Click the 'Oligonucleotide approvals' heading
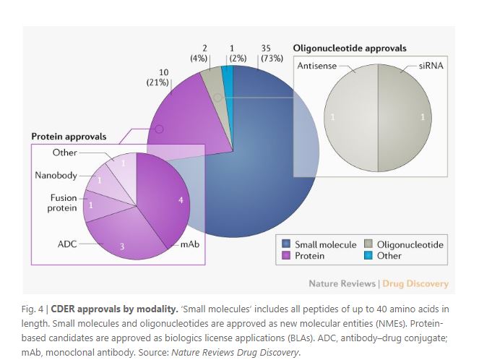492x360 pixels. click(x=349, y=48)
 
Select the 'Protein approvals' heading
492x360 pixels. click(x=69, y=136)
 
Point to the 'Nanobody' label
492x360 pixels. click(x=56, y=176)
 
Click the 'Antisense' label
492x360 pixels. click(x=316, y=66)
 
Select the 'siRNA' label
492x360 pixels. click(x=431, y=66)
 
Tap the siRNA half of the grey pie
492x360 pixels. click(x=408, y=117)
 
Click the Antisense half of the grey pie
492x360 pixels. click(x=347, y=117)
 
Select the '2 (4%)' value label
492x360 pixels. click(x=199, y=53)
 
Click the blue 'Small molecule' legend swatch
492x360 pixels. click(x=286, y=245)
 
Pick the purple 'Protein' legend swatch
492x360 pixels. click(x=286, y=256)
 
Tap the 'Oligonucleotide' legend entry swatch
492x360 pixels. click(x=368, y=245)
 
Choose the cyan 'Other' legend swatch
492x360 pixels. click(x=368, y=256)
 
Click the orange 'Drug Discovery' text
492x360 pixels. click(x=415, y=283)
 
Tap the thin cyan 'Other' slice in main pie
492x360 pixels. click(x=228, y=75)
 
